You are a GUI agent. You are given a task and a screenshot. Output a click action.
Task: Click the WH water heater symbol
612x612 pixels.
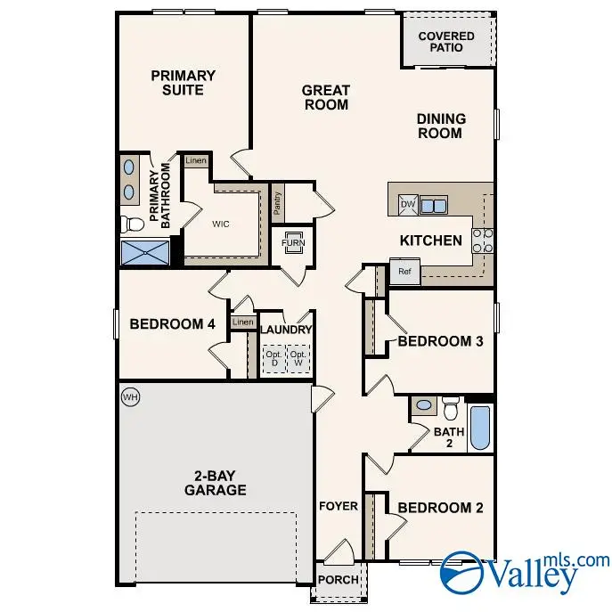tap(129, 396)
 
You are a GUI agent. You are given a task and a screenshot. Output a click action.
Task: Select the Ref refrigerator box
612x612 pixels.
tap(404, 272)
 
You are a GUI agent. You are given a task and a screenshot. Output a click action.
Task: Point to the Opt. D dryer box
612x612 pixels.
tap(273, 359)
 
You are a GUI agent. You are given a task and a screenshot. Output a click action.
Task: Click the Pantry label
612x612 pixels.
tap(278, 205)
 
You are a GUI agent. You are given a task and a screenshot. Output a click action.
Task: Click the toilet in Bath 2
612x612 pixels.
tap(450, 407)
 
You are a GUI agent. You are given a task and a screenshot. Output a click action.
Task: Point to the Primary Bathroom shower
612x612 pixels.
tap(144, 253)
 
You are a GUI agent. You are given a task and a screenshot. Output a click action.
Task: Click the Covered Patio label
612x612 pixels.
tap(446, 41)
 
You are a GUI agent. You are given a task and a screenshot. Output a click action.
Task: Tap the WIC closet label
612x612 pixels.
tap(220, 224)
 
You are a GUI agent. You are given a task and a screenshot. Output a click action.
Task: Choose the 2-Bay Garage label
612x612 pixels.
tap(215, 482)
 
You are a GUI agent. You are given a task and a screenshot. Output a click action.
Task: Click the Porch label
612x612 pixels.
tap(339, 580)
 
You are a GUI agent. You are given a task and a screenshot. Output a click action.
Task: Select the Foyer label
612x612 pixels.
tap(339, 506)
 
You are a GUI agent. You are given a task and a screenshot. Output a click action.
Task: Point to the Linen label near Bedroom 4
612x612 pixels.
tap(241, 322)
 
